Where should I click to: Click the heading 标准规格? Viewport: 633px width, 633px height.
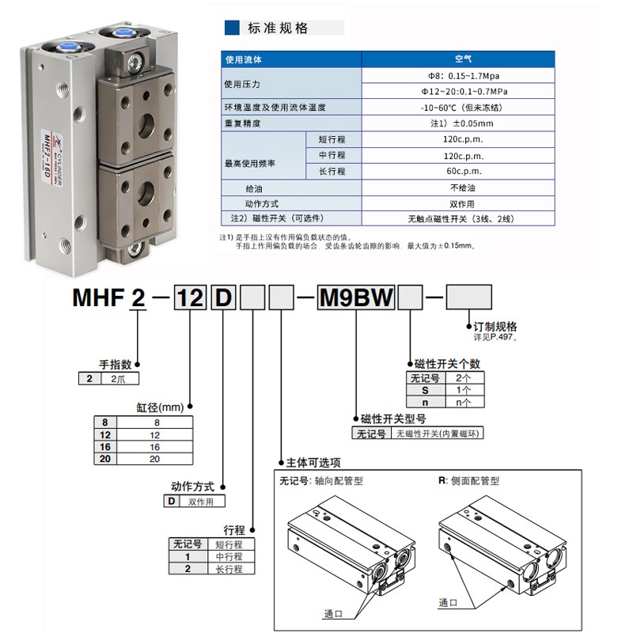pos(277,28)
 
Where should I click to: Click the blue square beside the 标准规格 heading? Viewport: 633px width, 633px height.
pos(233,28)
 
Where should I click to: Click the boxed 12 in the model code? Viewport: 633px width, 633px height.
pos(190,299)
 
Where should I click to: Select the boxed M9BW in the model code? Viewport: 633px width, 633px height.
pos(356,299)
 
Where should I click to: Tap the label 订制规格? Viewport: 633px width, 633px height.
pos(495,326)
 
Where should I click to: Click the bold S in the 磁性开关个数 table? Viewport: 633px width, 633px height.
pos(424,390)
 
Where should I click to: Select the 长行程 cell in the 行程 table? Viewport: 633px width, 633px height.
pos(229,568)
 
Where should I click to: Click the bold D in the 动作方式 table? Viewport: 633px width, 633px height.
pos(169,502)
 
